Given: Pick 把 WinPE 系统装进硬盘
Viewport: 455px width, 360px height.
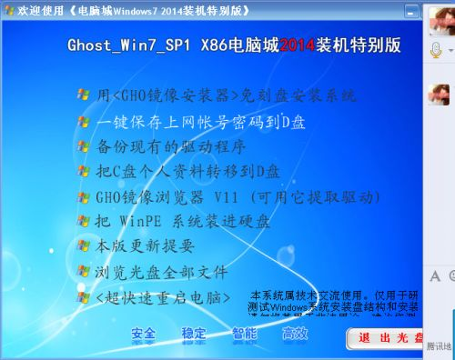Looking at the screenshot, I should pyautogui.click(x=182, y=221).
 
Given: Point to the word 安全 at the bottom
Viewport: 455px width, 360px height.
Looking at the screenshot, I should pyautogui.click(x=144, y=333).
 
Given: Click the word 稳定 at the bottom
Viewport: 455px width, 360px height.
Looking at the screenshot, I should pyautogui.click(x=194, y=333).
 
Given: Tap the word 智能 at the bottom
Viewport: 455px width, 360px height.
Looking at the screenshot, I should pyautogui.click(x=244, y=333).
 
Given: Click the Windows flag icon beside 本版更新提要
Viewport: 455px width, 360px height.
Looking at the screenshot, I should pyautogui.click(x=84, y=245).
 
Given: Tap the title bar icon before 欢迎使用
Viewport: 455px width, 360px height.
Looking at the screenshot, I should pyautogui.click(x=9, y=9).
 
